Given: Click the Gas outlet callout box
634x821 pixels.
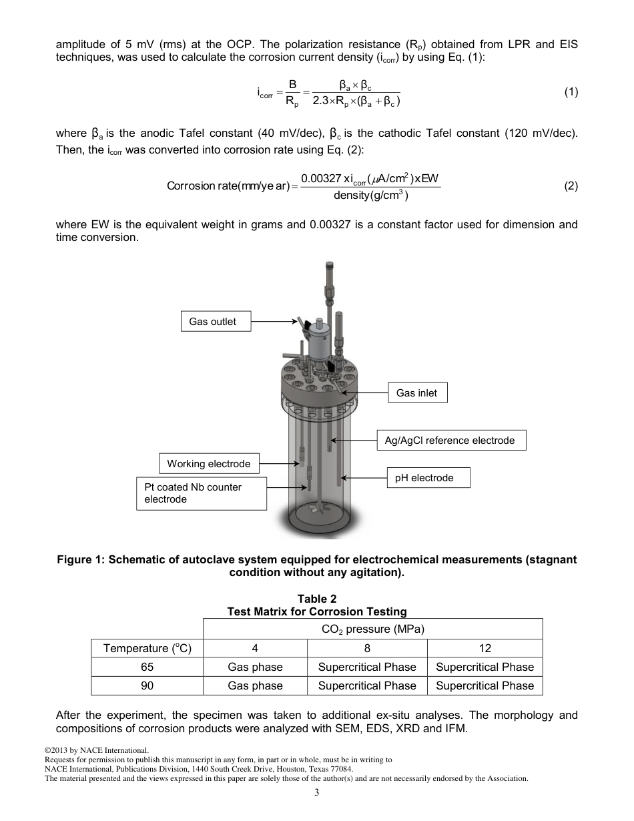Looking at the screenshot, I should tap(212, 322).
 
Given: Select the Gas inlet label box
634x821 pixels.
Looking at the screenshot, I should tap(417, 393).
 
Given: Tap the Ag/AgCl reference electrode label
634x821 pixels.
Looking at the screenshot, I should tap(450, 441).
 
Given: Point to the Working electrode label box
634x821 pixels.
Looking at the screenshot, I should tap(209, 464).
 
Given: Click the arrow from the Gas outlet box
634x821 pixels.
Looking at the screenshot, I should tap(274, 322).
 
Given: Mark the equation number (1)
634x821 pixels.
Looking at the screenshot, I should tap(571, 92).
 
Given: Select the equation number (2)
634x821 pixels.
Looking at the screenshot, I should tap(571, 186).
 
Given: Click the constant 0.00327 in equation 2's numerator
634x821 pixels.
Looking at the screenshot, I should tap(320, 179).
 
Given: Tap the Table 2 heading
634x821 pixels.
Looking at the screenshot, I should tap(316, 599).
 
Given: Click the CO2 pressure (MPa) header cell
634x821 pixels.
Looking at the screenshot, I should tap(372, 629).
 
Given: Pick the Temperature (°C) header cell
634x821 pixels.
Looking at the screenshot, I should tap(147, 648).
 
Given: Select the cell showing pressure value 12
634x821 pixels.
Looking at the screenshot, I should tap(485, 648).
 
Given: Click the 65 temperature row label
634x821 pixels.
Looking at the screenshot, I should tap(147, 667).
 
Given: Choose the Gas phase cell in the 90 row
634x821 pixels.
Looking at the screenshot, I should tap(255, 686).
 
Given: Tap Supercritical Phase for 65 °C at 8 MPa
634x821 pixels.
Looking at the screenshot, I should tap(367, 667).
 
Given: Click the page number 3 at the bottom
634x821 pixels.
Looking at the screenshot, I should tap(316, 793).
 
